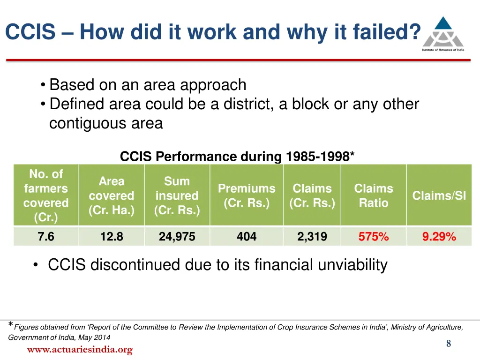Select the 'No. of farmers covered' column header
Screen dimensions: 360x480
coord(46,195)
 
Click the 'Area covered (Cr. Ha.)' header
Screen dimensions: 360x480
coord(112,195)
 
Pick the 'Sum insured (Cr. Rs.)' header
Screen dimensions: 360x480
coord(177,195)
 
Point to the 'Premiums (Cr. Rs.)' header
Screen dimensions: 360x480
coord(247,195)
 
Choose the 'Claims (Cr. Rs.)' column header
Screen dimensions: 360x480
coord(312,195)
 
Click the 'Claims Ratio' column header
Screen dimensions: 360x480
coord(374,195)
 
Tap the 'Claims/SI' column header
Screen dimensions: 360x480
coord(439,195)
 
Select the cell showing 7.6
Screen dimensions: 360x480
coord(46,237)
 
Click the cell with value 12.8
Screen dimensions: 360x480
coord(112,237)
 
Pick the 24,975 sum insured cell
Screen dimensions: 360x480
coord(177,237)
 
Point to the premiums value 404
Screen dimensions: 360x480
coord(247,237)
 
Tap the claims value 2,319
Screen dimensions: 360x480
coord(312,237)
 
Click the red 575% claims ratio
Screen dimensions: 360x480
coord(374,237)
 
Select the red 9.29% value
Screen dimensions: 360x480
coord(439,237)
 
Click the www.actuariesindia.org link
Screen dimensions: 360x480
coord(80,350)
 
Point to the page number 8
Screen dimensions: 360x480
coord(449,344)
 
